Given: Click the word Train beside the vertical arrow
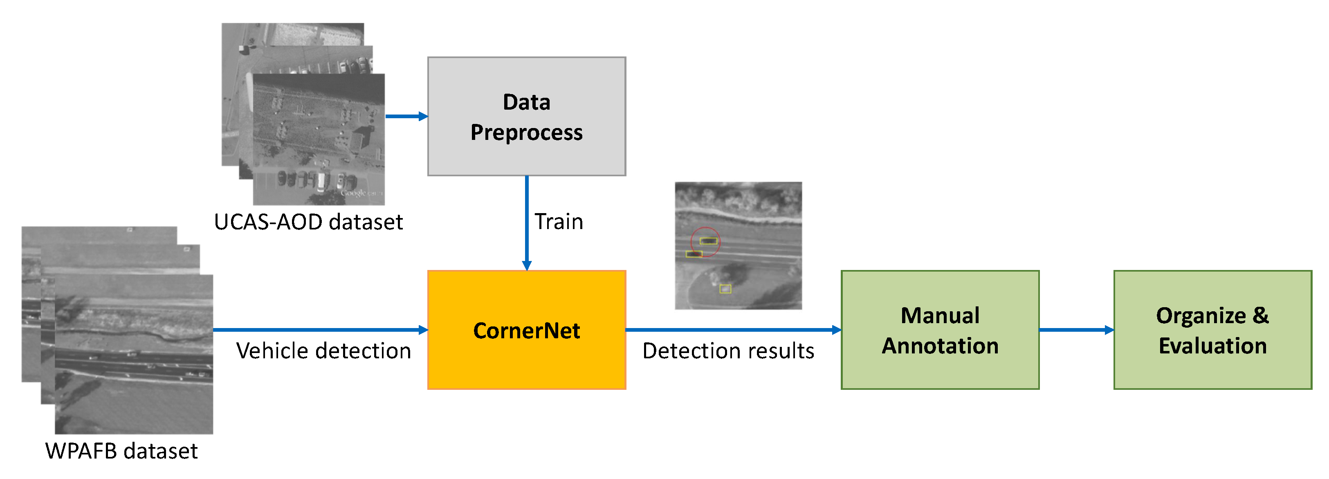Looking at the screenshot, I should click(558, 222).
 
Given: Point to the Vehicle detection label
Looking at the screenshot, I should click(323, 351).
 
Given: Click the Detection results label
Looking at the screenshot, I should click(728, 351).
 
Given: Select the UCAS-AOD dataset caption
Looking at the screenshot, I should click(308, 223).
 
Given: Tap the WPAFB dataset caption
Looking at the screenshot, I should click(121, 451).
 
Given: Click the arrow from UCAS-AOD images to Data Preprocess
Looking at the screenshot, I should click(406, 116).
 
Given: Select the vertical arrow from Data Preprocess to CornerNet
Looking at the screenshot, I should click(527, 222).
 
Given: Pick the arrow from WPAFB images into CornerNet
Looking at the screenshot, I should click(320, 329).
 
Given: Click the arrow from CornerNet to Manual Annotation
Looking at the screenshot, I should click(733, 329).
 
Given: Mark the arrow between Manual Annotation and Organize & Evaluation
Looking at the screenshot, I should click(1076, 330).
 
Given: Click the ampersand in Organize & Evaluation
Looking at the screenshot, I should click(1260, 315).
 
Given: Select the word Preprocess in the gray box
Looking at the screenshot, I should click(526, 133).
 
